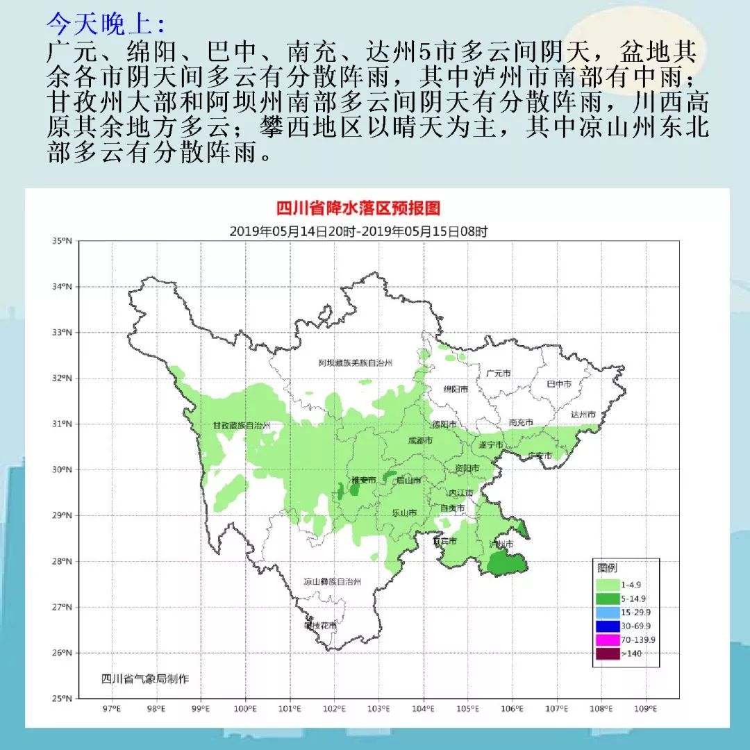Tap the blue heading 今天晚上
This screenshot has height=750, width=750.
tap(106, 24)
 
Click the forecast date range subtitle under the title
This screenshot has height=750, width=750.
tap(358, 231)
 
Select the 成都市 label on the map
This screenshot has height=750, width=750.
tap(419, 440)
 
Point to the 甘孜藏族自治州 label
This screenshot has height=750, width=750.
tap(241, 426)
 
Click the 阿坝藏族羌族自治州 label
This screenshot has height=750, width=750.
tap(356, 363)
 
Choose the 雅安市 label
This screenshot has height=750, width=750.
tap(364, 480)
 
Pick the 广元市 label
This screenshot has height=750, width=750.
tap(499, 373)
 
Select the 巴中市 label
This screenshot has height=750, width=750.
tap(559, 383)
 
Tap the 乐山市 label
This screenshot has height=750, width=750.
tap(405, 513)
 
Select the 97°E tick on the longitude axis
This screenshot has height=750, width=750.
tap(111, 709)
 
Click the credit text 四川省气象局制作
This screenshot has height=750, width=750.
tap(144, 678)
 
